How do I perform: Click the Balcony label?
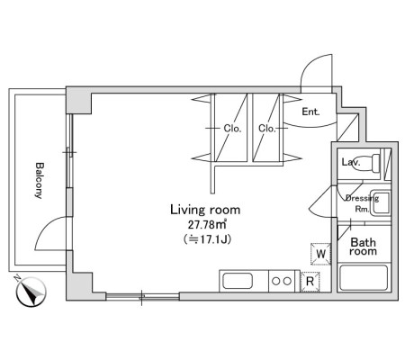[x=40, y=181]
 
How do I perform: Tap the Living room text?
[x=205, y=210]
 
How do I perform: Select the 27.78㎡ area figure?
[x=207, y=224]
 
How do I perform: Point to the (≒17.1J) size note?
[x=207, y=239]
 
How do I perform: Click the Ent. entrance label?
[x=310, y=112]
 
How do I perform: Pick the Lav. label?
[x=351, y=162]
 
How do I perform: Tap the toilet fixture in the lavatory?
[x=370, y=163]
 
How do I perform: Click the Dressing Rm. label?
[x=362, y=203]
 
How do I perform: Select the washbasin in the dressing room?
[x=380, y=202]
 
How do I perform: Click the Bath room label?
[x=363, y=247]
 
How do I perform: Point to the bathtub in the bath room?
[x=364, y=277]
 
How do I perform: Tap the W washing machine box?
[x=320, y=254]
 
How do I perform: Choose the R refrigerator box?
[x=310, y=282]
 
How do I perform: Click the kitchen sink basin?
[x=238, y=281]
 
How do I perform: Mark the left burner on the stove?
[x=276, y=282]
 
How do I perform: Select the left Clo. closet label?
[x=232, y=129]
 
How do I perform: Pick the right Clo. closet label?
[x=266, y=129]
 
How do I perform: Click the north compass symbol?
[x=31, y=292]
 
